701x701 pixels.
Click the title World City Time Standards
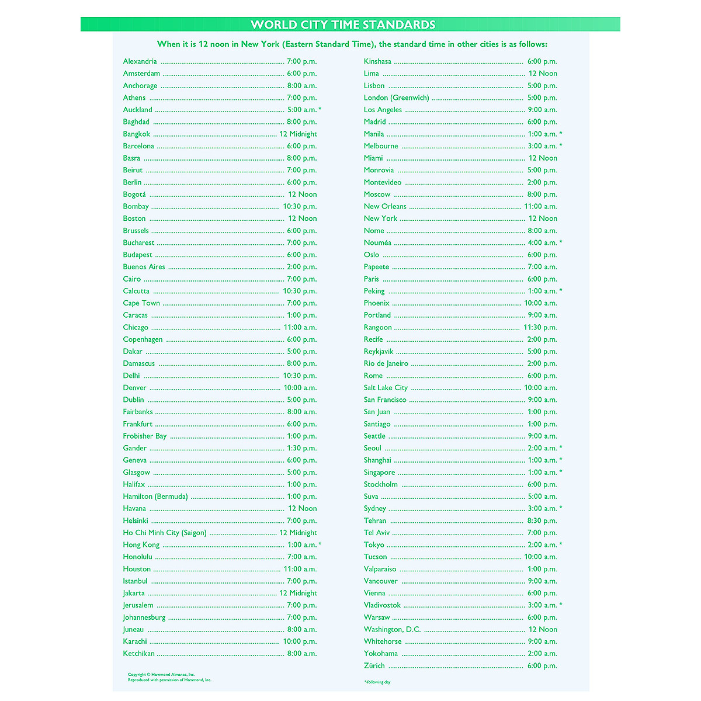click(343, 25)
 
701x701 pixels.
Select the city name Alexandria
click(140, 61)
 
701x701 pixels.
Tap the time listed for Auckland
click(302, 110)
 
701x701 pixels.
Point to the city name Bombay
click(136, 206)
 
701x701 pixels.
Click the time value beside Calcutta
click(300, 291)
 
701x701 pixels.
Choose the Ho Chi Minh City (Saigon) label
click(165, 533)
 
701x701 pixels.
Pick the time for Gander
click(301, 448)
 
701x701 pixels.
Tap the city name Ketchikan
click(138, 654)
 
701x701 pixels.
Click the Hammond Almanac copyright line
click(161, 675)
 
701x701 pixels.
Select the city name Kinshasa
click(377, 61)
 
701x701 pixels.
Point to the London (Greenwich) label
click(396, 98)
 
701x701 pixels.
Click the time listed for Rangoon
click(540, 327)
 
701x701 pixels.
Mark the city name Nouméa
click(377, 242)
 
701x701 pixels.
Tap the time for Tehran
click(542, 520)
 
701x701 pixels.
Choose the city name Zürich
click(374, 666)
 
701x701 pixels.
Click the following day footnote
click(377, 682)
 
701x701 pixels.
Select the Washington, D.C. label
click(392, 629)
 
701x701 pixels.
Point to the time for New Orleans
click(540, 206)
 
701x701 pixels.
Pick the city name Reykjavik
click(379, 352)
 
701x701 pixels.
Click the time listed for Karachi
click(300, 641)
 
